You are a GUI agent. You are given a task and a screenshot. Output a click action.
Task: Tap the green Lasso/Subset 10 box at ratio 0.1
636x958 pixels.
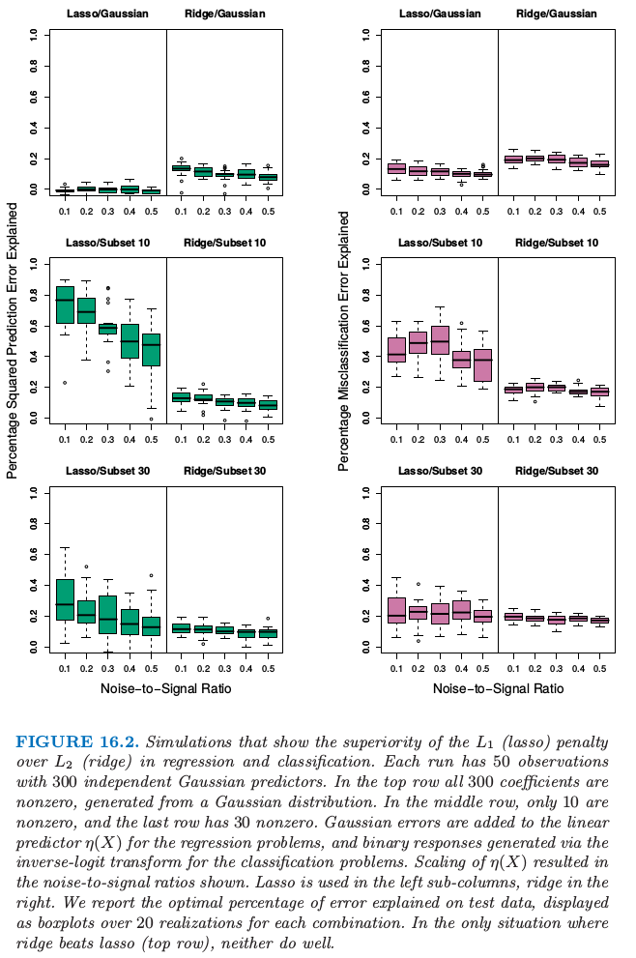[65, 305]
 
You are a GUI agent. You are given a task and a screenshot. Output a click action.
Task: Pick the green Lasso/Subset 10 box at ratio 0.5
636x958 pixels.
[151, 350]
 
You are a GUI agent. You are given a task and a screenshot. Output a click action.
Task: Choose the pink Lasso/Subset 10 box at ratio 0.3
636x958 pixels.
[439, 340]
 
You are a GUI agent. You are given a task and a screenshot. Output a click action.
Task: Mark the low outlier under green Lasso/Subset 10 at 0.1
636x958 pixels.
[65, 383]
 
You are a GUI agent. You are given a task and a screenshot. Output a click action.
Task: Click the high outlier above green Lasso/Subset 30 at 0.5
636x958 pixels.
[151, 575]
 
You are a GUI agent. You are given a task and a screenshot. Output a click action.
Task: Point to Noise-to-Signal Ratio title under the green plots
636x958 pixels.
[164, 688]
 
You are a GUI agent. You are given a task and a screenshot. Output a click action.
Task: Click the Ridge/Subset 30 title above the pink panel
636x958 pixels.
[558, 471]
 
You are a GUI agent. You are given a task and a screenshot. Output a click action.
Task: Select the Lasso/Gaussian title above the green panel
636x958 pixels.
[106, 14]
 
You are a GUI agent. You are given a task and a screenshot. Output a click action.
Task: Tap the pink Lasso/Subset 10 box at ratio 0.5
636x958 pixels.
[482, 365]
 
